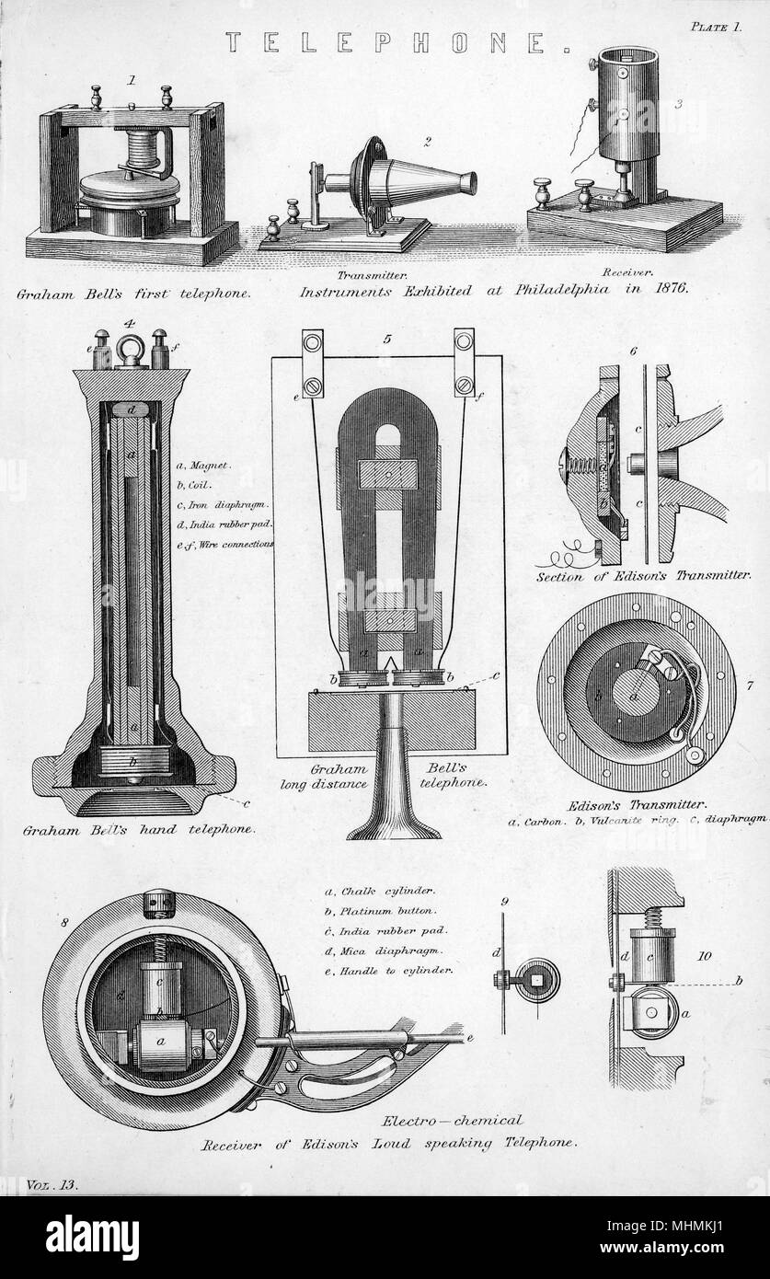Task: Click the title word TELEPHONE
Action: pyautogui.click(x=397, y=43)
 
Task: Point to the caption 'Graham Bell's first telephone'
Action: pyautogui.click(x=133, y=294)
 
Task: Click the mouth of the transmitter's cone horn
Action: pyautogui.click(x=470, y=182)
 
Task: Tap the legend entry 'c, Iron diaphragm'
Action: pyautogui.click(x=223, y=505)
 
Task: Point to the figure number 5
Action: pyautogui.click(x=387, y=340)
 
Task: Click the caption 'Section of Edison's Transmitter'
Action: pyautogui.click(x=643, y=576)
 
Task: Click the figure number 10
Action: pyautogui.click(x=705, y=955)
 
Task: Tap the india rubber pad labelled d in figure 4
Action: pyautogui.click(x=131, y=409)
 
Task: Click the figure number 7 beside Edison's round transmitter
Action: pyautogui.click(x=749, y=685)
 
